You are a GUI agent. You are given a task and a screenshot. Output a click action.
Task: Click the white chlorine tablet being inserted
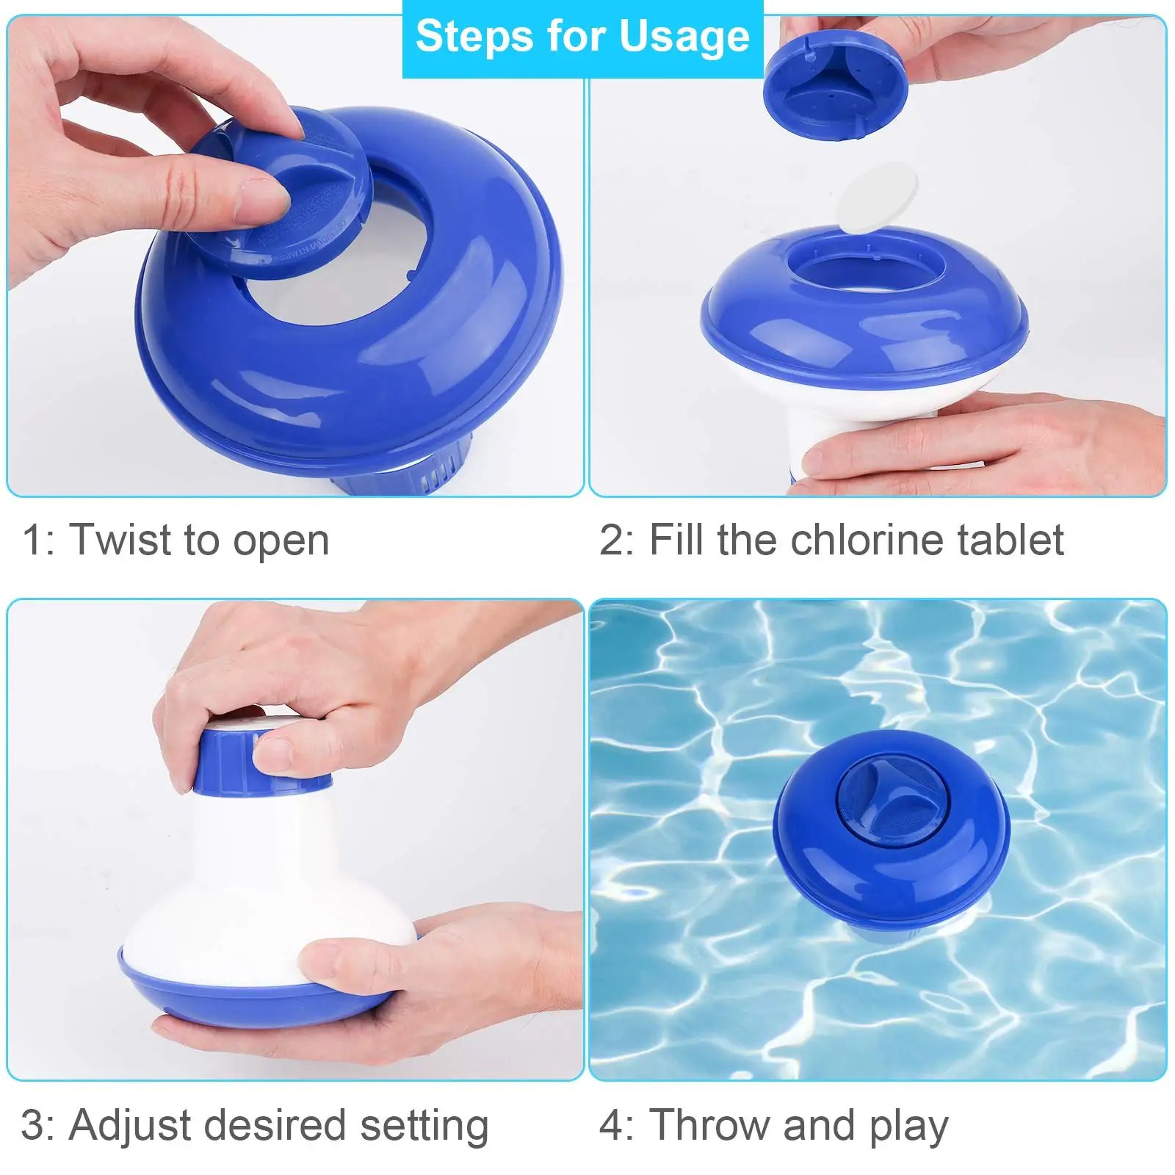tap(878, 197)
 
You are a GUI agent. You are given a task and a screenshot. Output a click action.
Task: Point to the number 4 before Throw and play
tap(611, 1125)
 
